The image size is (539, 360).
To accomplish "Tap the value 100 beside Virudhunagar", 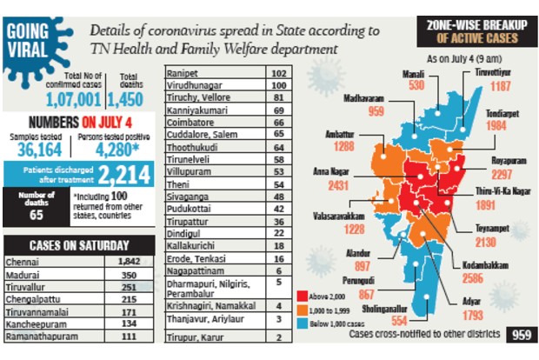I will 279,85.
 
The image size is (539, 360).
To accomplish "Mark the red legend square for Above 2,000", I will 302,295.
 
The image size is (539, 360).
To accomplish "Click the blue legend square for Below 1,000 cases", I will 302,321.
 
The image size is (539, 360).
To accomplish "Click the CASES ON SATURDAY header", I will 79,244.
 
